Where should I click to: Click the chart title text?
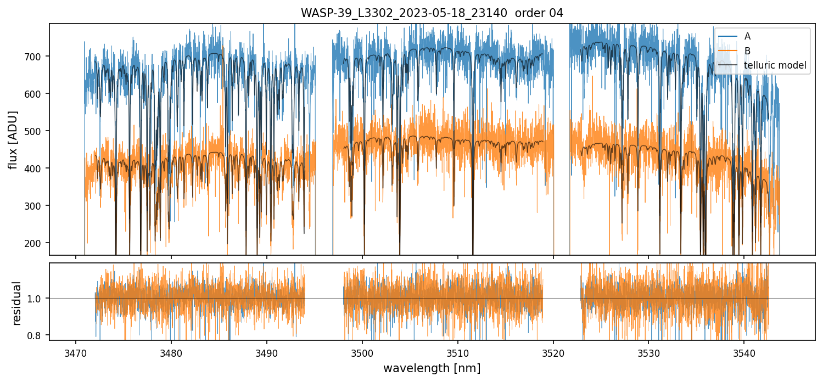pos(432,13)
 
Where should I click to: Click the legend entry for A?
pos(747,36)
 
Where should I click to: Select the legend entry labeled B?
pos(747,51)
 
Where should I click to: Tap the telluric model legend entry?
pos(775,65)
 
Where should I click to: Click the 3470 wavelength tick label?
pos(76,352)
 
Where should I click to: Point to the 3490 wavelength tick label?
pos(267,352)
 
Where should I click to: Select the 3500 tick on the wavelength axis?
pos(362,352)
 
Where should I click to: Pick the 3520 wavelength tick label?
pos(553,352)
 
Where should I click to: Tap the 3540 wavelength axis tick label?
pos(744,352)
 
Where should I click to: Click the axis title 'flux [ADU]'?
pos(13,139)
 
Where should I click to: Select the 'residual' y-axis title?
pos(16,302)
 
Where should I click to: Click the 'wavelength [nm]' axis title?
pos(432,368)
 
